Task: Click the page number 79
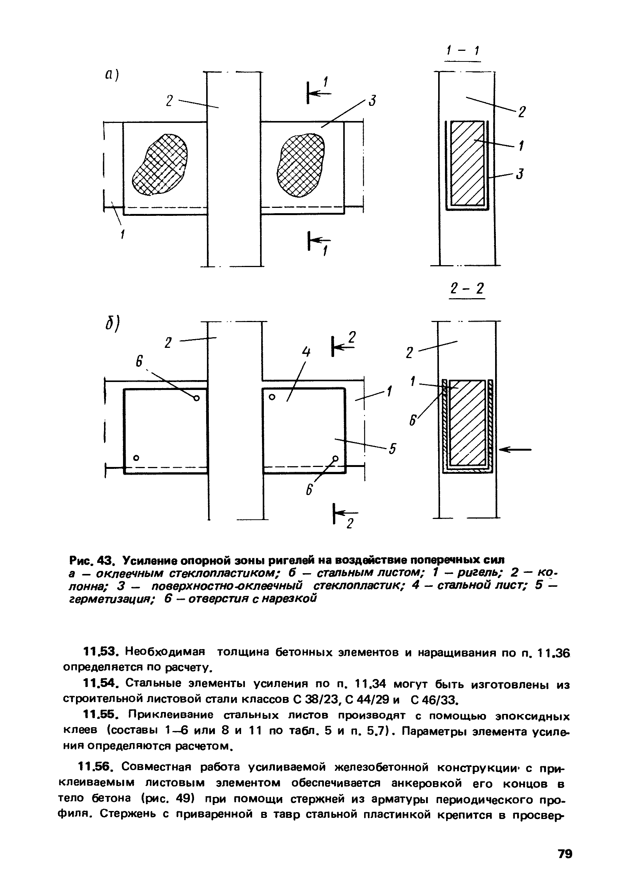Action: pos(564,854)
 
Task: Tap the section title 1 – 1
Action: pos(463,51)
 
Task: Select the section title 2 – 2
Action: pos(467,289)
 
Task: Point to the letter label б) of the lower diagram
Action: pos(112,324)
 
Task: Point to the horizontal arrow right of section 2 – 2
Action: pos(516,450)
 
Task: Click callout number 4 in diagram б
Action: pos(306,352)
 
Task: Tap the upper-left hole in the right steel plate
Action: pos(272,397)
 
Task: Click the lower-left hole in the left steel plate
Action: pos(136,458)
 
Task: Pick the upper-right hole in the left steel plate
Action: pos(196,398)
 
